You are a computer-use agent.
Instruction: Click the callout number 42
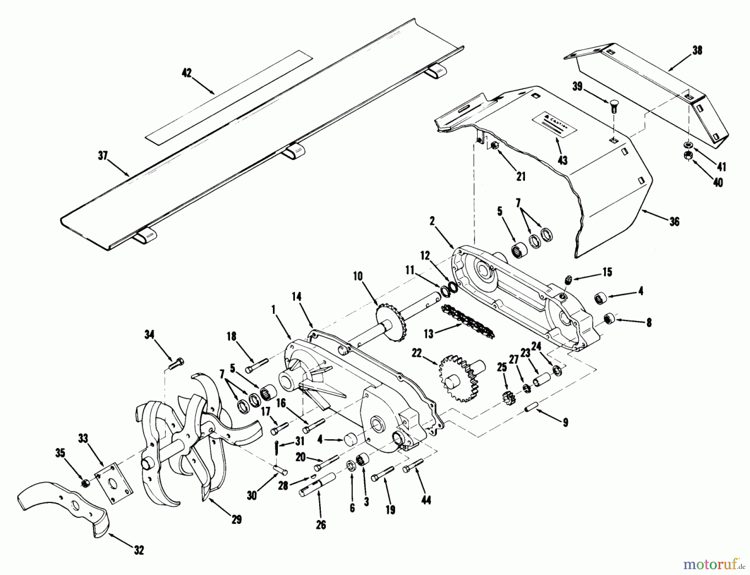click(187, 73)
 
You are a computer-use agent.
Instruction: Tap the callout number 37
click(102, 156)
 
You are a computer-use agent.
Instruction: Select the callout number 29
click(236, 520)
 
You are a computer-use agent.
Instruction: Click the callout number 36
click(674, 222)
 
